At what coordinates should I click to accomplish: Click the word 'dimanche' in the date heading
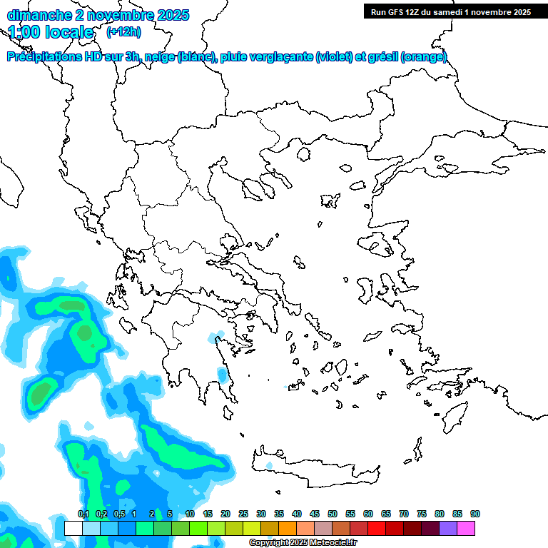click(36, 15)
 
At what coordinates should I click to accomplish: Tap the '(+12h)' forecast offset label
click(123, 32)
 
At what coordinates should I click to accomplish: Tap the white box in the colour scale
click(73, 529)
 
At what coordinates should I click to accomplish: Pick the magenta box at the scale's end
click(466, 529)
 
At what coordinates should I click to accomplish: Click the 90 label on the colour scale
click(475, 514)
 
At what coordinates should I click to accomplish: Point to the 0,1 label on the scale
click(83, 514)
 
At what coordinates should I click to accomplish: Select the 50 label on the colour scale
click(332, 514)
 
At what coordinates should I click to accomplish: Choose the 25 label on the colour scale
click(243, 514)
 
